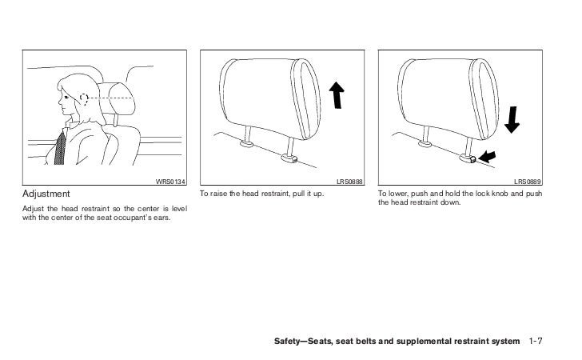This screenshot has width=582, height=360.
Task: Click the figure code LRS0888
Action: tap(350, 182)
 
